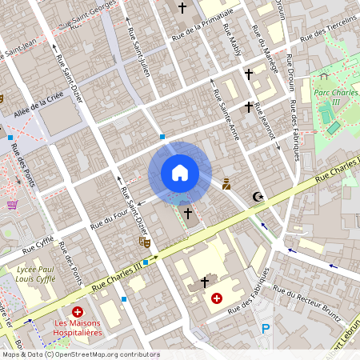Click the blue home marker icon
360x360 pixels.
click(180, 173)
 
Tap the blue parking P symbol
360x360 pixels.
click(266, 328)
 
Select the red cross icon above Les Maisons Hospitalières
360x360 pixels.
click(78, 311)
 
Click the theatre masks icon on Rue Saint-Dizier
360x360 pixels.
click(144, 240)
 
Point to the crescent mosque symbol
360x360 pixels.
click(257, 196)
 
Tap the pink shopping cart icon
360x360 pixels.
click(12, 205)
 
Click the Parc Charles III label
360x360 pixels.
click(331, 97)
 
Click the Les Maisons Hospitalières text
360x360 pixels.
click(78, 329)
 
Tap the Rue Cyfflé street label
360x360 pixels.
click(38, 238)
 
